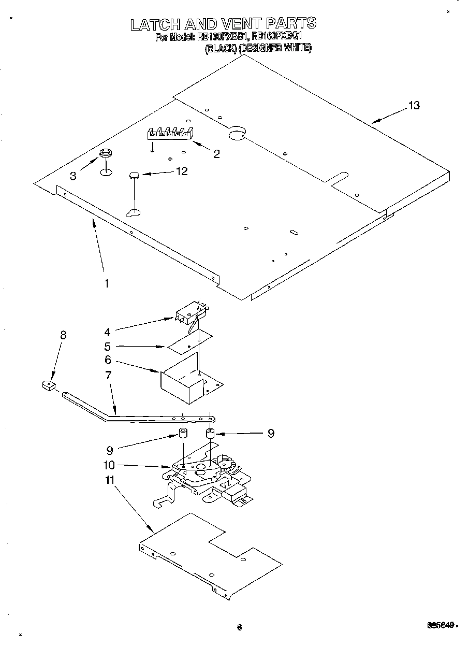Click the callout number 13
point(414,105)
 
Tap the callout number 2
point(216,153)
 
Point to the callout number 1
point(107,283)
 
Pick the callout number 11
point(109,480)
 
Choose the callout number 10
point(109,465)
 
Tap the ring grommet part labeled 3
point(105,153)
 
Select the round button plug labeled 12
point(134,176)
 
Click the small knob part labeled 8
point(48,385)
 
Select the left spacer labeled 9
point(183,434)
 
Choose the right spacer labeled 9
point(210,433)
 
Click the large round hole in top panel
point(236,134)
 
